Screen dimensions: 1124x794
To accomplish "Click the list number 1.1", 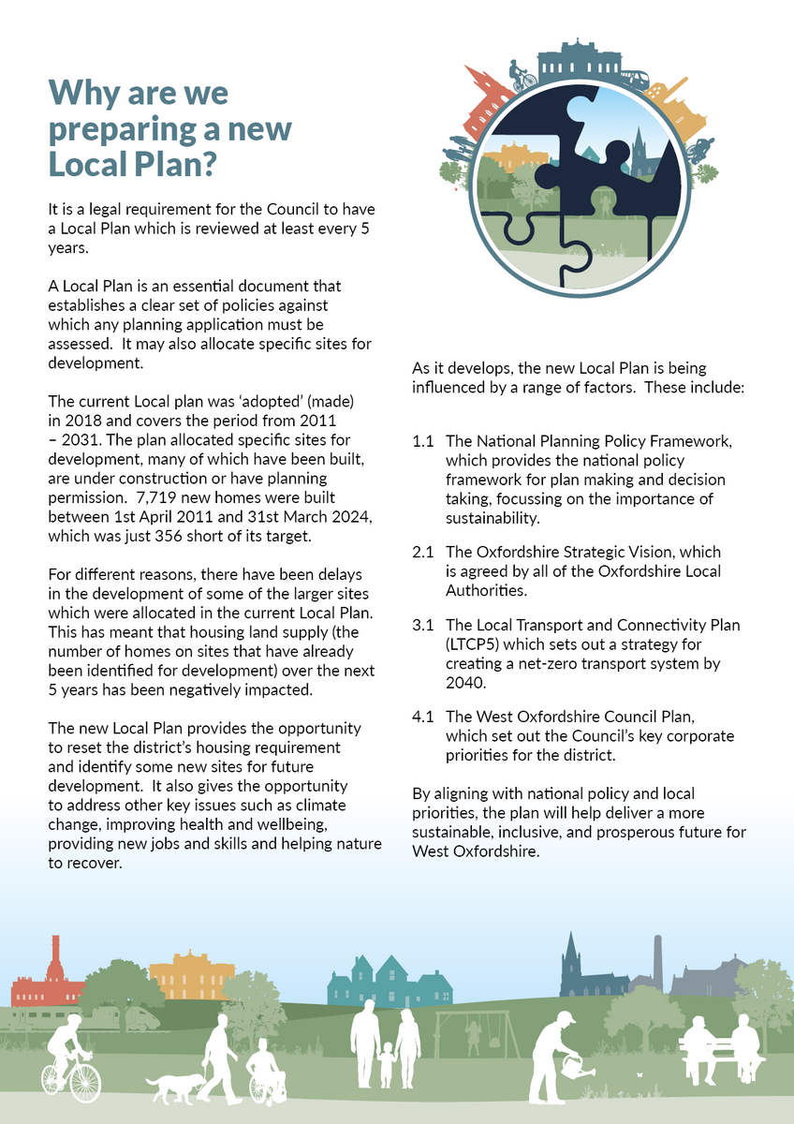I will pyautogui.click(x=423, y=440).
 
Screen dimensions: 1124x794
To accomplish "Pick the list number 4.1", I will pyautogui.click(x=423, y=718).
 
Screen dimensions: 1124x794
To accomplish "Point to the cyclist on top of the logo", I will pyautogui.click(x=522, y=74).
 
